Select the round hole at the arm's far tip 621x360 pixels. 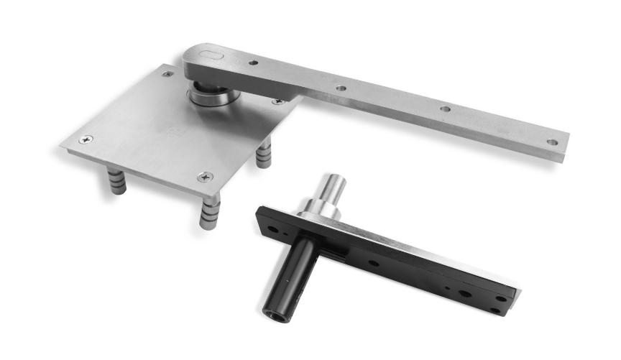(552, 142)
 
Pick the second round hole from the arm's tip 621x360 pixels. (446, 110)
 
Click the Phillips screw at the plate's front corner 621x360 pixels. (206, 176)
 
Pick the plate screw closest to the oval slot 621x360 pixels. (167, 74)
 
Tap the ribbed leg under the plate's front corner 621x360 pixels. (210, 212)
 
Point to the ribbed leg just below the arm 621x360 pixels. (264, 151)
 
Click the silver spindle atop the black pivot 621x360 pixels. (334, 188)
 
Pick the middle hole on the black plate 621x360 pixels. (374, 262)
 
